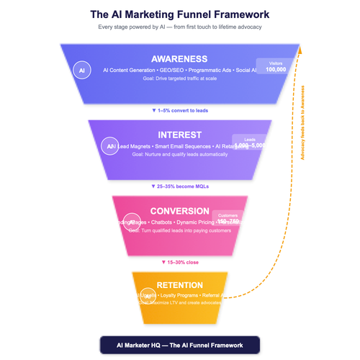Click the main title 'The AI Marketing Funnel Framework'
179,14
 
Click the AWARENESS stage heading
179,59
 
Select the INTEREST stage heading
179,135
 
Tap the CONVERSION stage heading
179,211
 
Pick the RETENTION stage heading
179,285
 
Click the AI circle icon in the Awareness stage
83,71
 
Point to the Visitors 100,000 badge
276,66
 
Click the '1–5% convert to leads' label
179,110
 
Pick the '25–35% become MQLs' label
179,186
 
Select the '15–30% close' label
179,262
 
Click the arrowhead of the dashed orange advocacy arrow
300,49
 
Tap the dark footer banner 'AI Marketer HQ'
179,345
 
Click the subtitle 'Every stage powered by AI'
179,27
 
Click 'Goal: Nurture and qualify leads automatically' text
179,154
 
